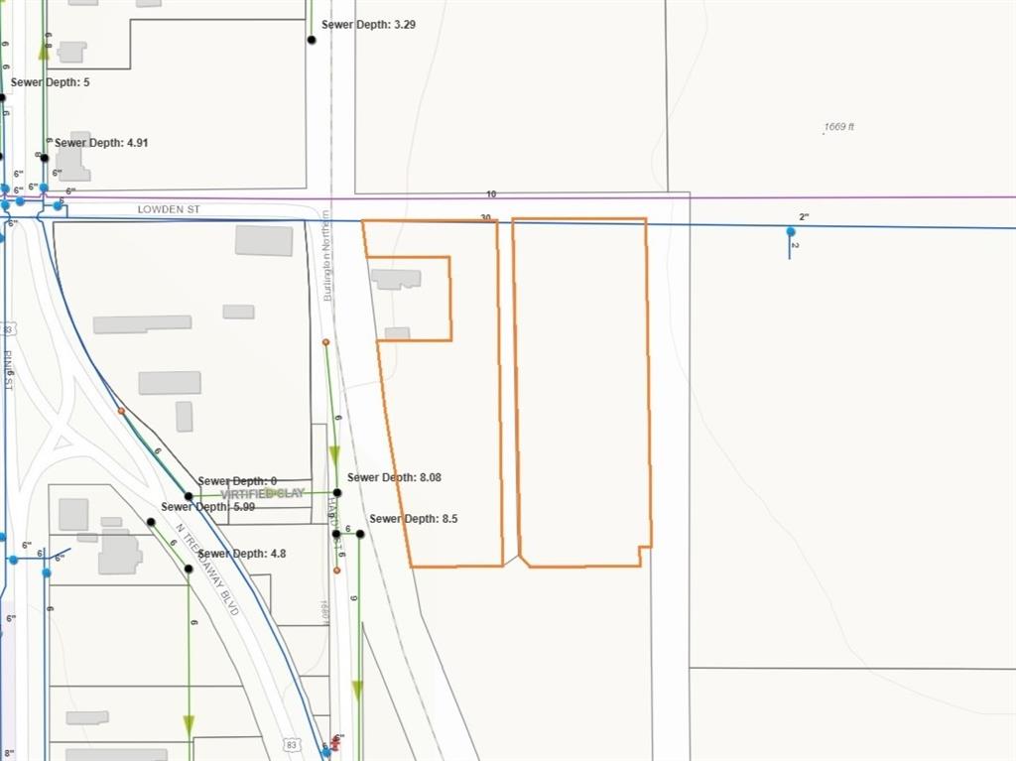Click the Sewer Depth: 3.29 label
coord(368,24)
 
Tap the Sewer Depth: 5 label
coord(50,82)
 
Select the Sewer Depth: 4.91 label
coord(101,143)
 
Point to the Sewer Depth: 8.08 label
coord(394,477)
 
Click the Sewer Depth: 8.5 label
coord(413,519)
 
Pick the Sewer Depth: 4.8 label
coord(242,554)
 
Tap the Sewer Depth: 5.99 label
coord(207,507)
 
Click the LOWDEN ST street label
coord(169,210)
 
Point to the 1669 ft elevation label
coord(838,127)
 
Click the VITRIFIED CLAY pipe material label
coord(262,493)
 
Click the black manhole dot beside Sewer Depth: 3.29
coord(312,40)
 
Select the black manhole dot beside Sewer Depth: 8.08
coord(337,492)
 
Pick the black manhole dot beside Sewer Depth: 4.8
coord(189,569)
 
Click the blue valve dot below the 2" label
coord(791,232)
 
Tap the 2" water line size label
coord(805,216)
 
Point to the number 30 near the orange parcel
coord(485,217)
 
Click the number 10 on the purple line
coord(491,194)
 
